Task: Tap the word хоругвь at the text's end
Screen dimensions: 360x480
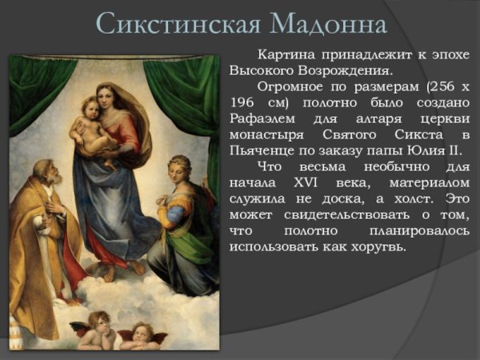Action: pos(377,246)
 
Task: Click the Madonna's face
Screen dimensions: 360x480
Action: pos(107,97)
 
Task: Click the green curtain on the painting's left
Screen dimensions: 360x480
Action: pos(36,88)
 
